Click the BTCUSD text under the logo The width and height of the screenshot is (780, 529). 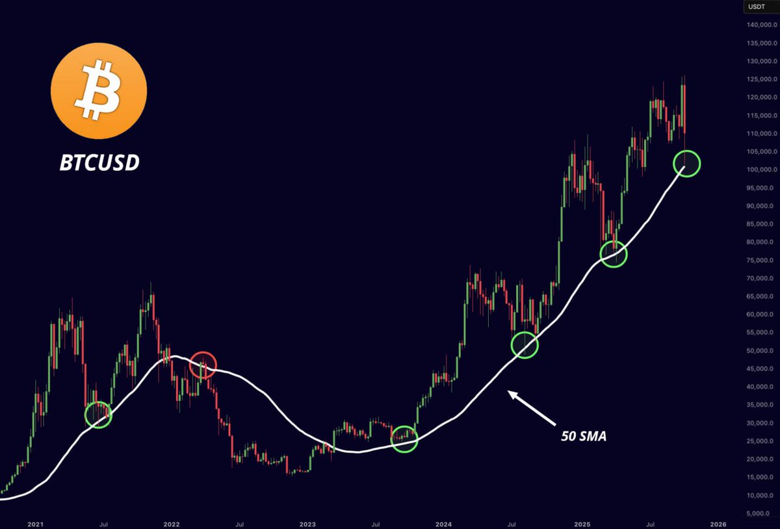tap(99, 162)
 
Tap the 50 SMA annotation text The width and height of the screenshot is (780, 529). tap(583, 436)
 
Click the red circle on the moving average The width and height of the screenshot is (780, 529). tap(203, 365)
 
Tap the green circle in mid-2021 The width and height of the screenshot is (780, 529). tap(99, 415)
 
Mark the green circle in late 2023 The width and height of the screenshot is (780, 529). tap(404, 439)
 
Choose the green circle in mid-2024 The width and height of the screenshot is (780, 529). tap(525, 345)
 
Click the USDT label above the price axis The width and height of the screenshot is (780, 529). tap(755, 6)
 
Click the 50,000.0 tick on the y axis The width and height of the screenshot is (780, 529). tap(759, 351)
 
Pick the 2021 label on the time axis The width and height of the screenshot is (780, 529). tap(36, 523)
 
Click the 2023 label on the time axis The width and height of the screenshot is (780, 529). tap(307, 523)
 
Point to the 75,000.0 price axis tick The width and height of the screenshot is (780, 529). tap(759, 261)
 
